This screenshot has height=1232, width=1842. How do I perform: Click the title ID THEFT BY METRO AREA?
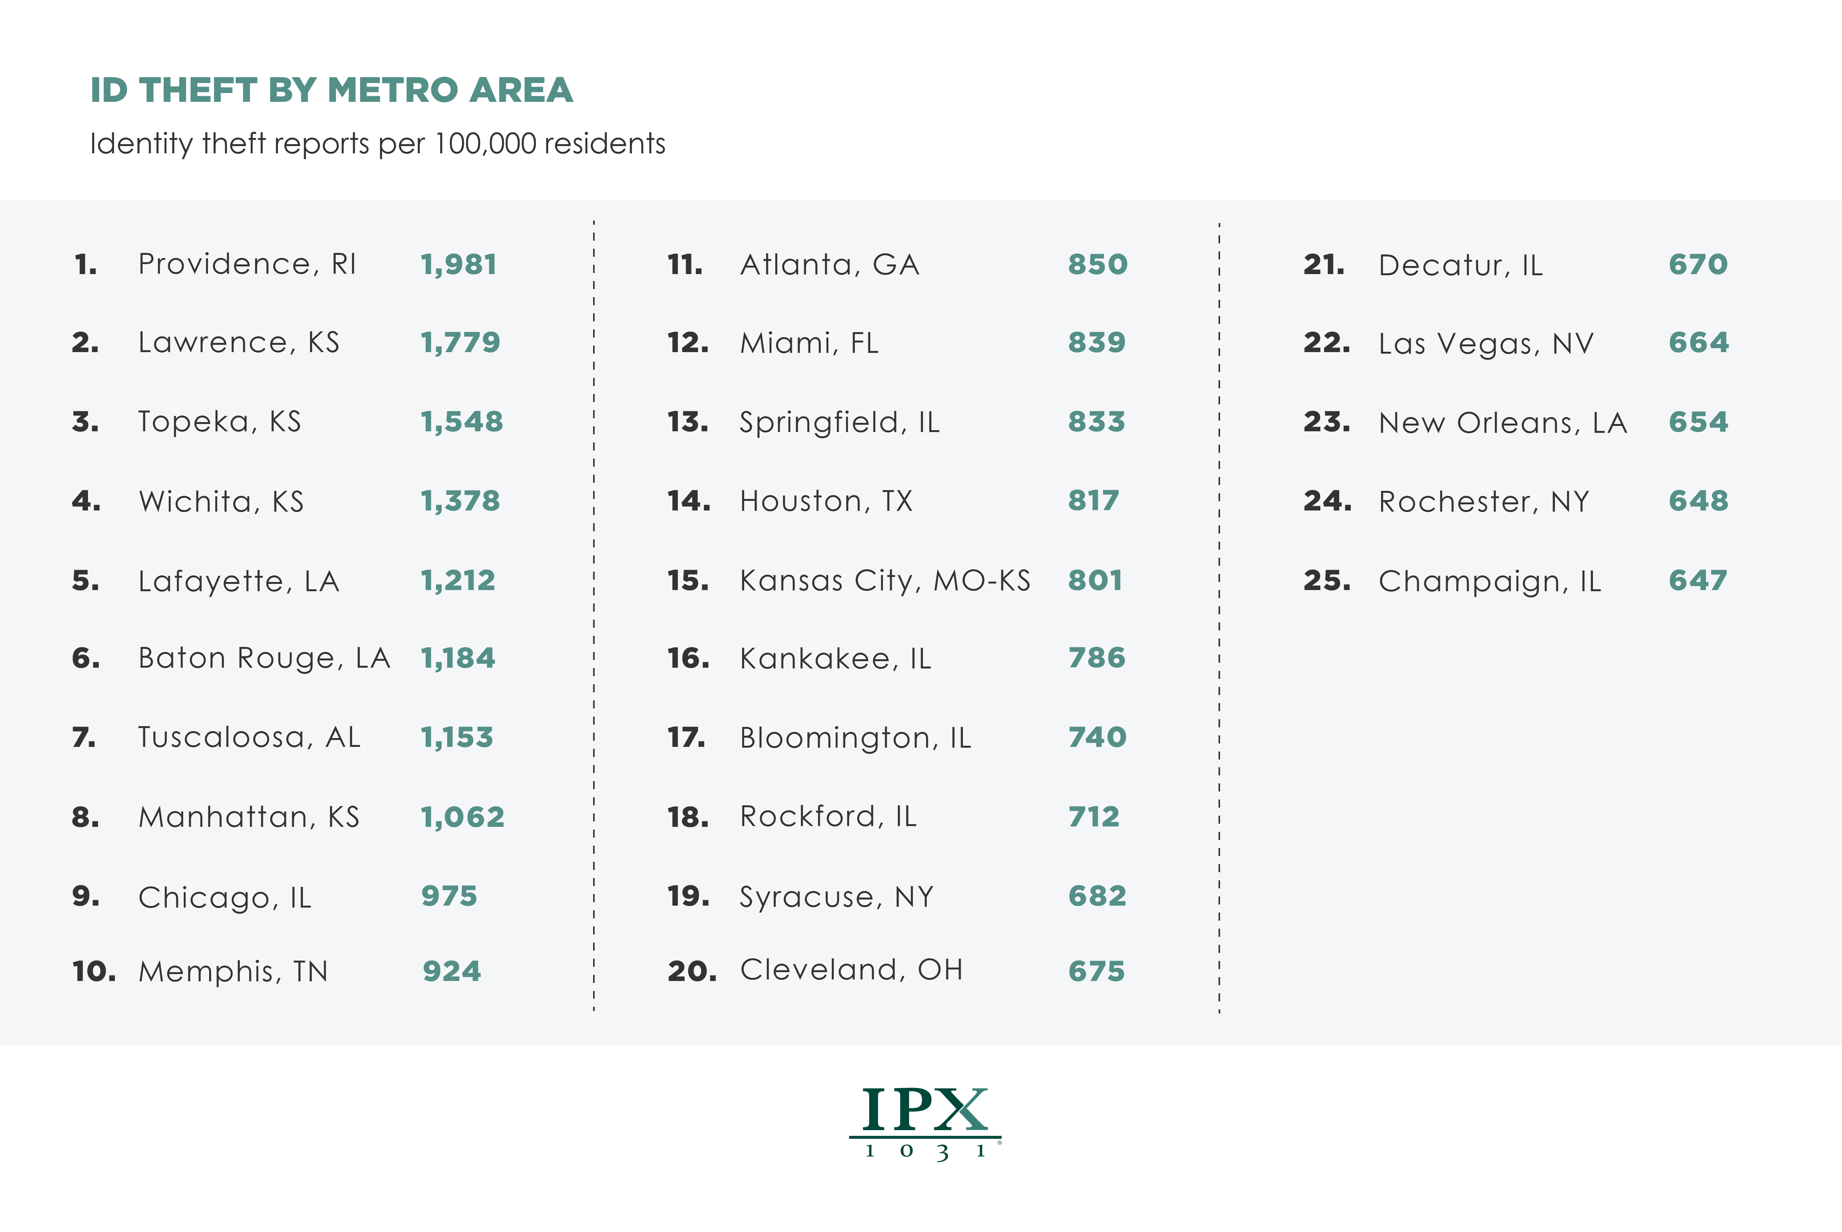(x=331, y=90)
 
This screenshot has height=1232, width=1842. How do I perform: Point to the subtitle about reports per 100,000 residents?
(x=377, y=144)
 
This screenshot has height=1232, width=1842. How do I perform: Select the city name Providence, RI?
(x=247, y=264)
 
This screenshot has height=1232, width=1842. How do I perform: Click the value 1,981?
(x=459, y=265)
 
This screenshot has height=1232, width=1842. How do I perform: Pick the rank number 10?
(x=93, y=972)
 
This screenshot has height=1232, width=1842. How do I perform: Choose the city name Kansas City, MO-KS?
(x=884, y=581)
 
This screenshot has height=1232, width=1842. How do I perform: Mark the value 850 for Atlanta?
(x=1097, y=265)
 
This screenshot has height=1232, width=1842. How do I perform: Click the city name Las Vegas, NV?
(x=1485, y=343)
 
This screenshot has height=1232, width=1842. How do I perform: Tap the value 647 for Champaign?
(x=1697, y=581)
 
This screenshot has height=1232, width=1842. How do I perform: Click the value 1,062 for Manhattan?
(x=462, y=817)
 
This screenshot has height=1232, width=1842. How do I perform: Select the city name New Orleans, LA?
(x=1502, y=423)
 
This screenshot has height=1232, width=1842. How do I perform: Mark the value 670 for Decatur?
(x=1697, y=265)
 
